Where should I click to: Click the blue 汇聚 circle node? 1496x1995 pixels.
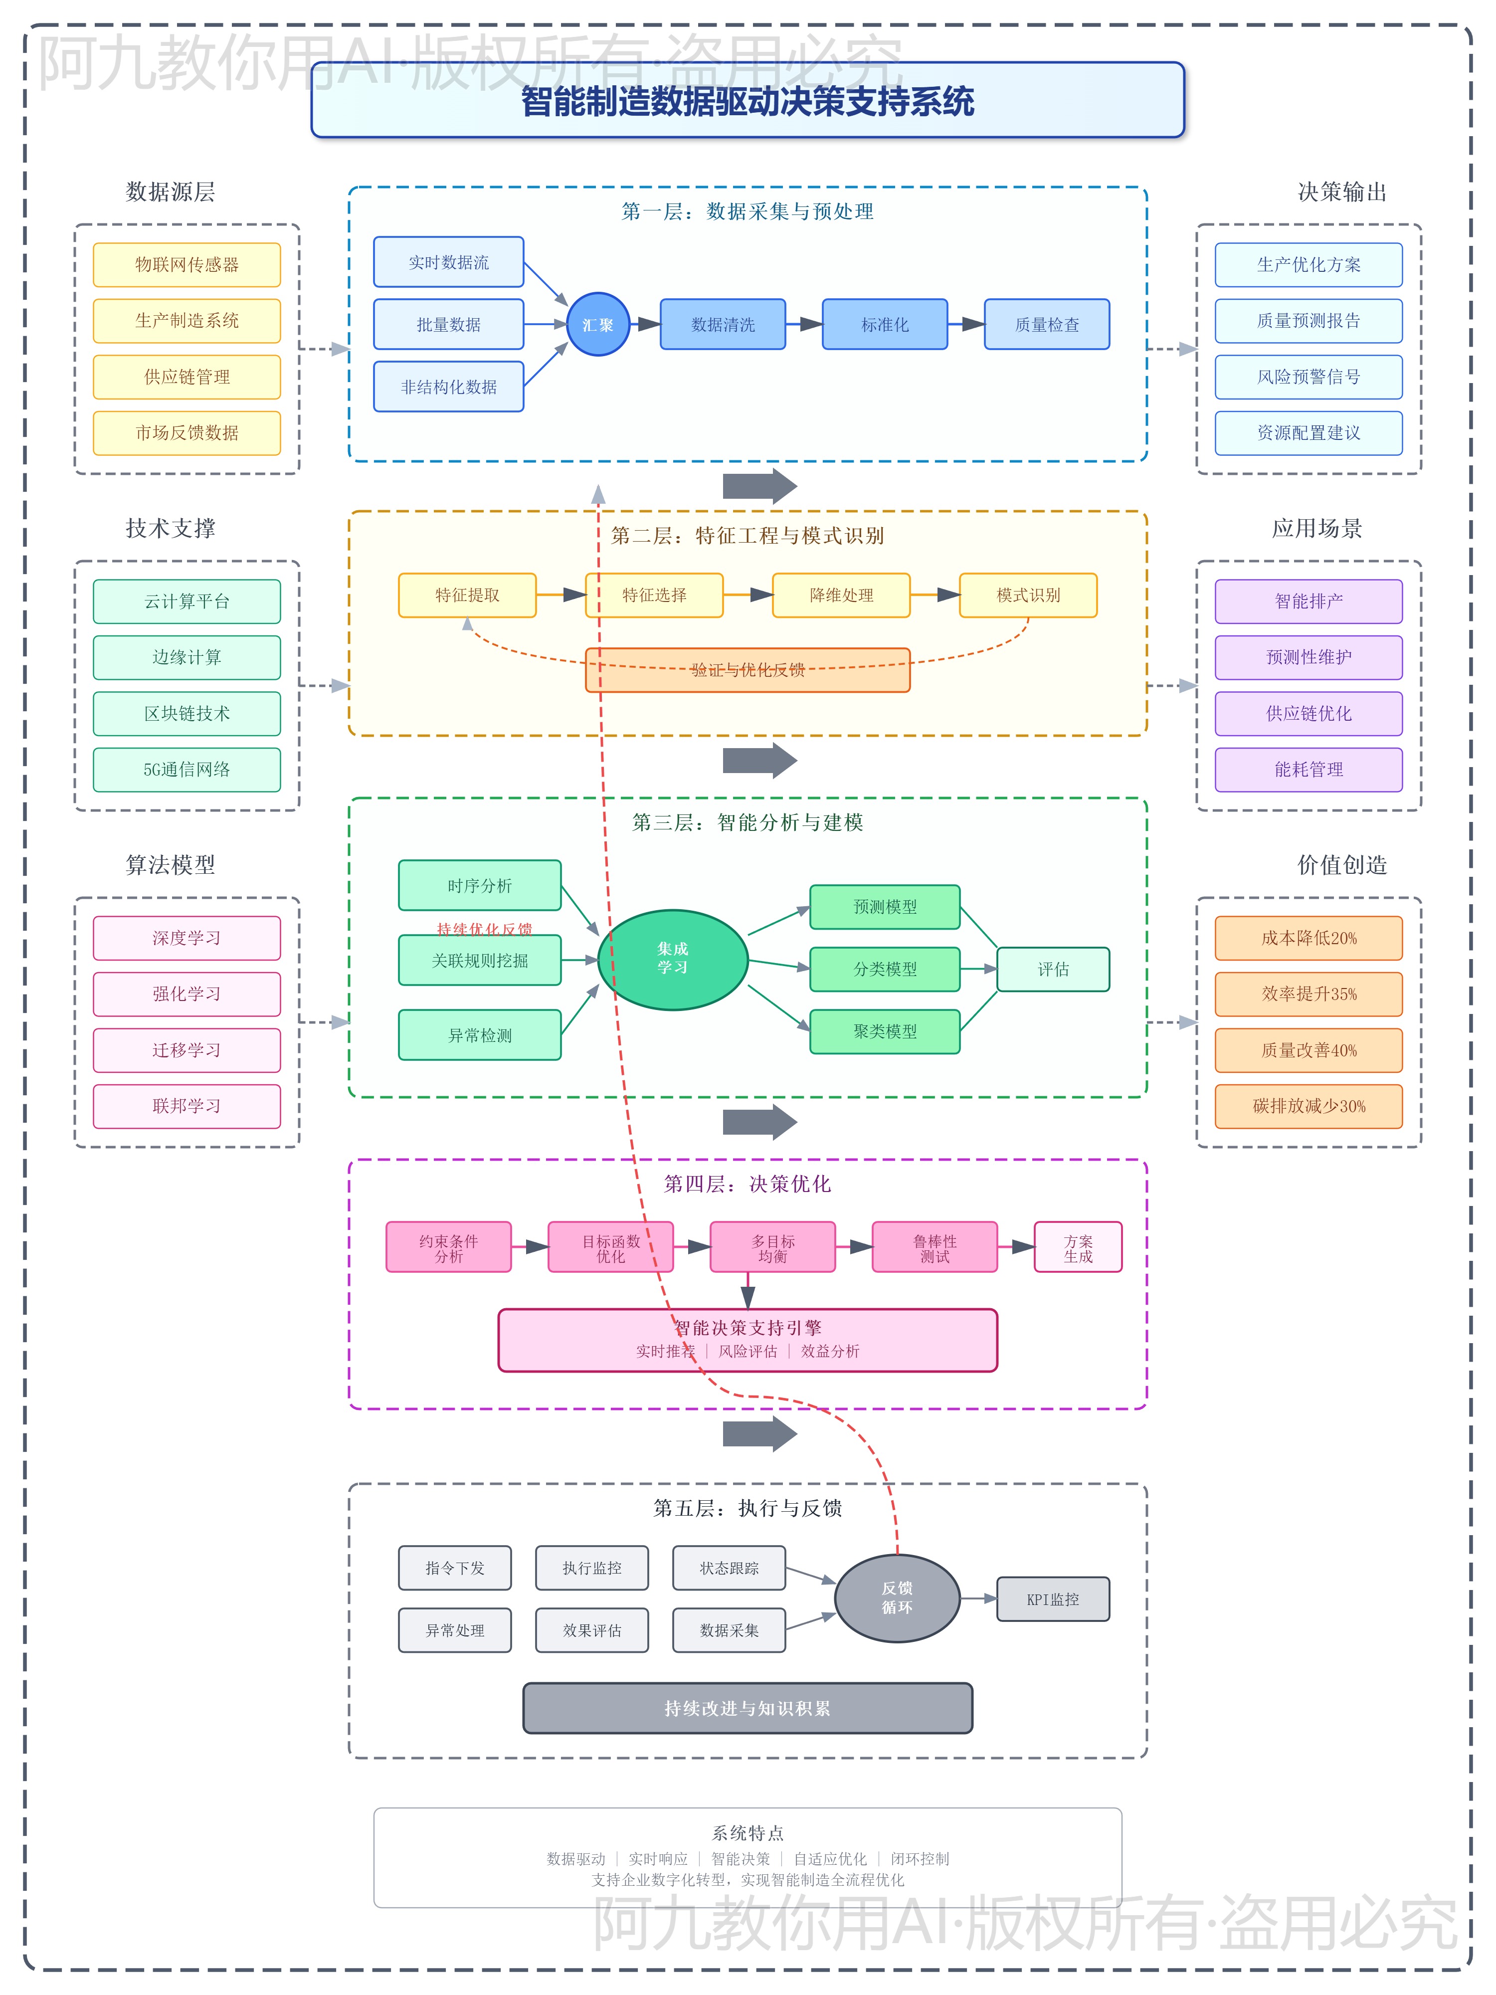tap(597, 325)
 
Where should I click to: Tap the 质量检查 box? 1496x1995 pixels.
tap(1046, 325)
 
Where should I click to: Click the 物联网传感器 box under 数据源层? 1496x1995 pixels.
tap(187, 264)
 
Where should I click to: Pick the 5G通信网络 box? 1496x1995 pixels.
tap(187, 769)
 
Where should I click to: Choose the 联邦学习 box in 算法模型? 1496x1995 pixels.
tap(187, 1106)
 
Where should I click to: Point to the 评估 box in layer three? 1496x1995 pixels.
tap(1052, 970)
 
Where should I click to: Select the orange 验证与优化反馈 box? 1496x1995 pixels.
tap(748, 670)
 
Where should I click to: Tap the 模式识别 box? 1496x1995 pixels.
tap(1028, 595)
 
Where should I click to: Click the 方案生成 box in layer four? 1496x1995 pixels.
tap(1078, 1247)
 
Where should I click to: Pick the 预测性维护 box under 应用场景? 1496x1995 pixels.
tap(1309, 657)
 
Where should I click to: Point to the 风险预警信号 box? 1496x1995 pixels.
tap(1309, 377)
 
